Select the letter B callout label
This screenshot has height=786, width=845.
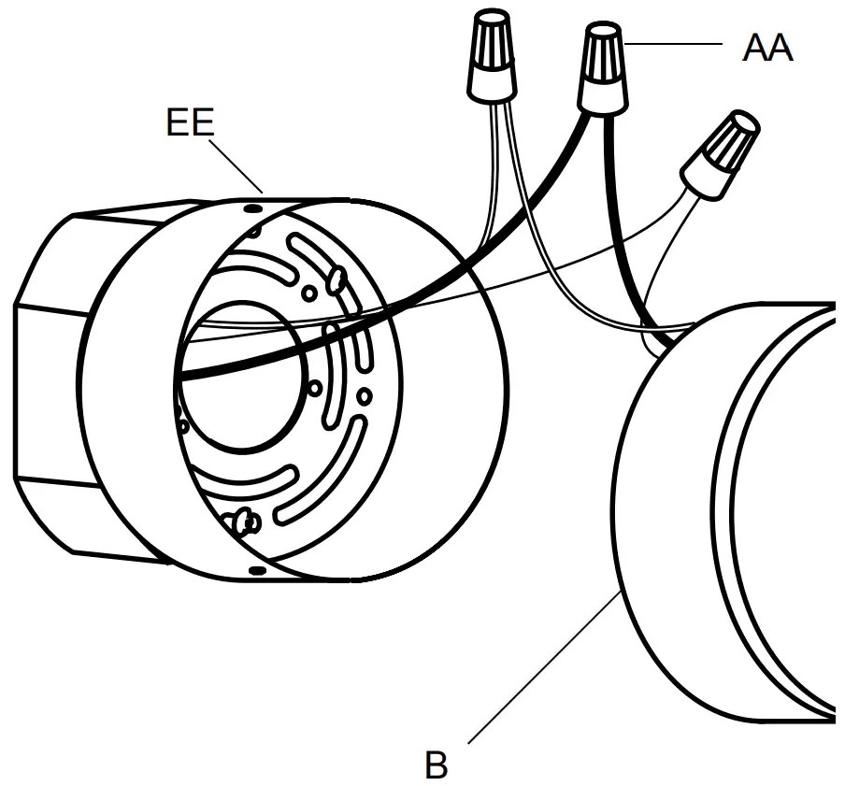[x=436, y=765]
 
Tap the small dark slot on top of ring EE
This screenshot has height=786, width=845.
[x=253, y=207]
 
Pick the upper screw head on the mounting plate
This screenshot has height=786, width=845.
[x=336, y=277]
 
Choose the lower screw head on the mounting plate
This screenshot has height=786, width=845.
[x=246, y=519]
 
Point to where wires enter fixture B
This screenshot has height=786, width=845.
[x=659, y=336]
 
